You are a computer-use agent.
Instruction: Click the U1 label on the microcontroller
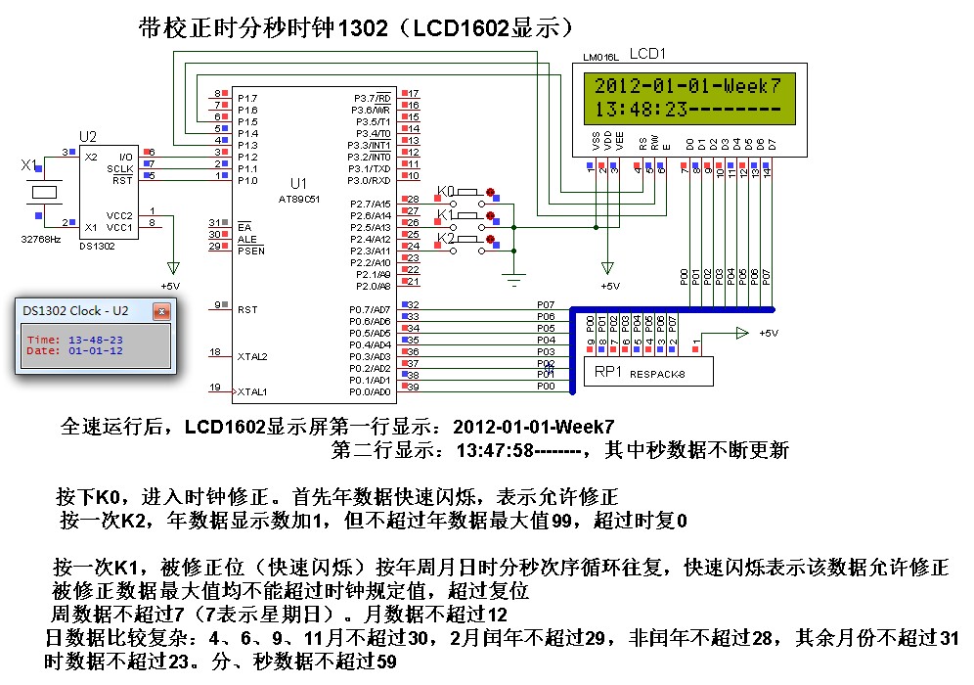click(x=298, y=183)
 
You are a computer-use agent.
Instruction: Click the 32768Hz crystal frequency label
click(x=41, y=238)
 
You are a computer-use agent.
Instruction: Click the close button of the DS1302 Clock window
click(x=161, y=311)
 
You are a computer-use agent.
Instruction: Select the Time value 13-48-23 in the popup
click(x=96, y=339)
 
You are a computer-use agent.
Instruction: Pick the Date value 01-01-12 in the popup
click(x=96, y=350)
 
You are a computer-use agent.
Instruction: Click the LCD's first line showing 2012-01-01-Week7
click(x=688, y=85)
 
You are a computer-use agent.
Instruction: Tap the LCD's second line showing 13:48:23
click(x=688, y=109)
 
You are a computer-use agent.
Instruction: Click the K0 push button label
click(x=446, y=190)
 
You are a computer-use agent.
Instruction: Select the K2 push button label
click(x=446, y=239)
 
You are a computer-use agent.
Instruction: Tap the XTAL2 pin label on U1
click(x=252, y=355)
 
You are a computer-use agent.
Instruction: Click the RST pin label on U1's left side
click(x=246, y=309)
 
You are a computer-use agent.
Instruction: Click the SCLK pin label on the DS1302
click(x=120, y=168)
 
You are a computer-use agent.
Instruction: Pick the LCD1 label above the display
click(x=649, y=53)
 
